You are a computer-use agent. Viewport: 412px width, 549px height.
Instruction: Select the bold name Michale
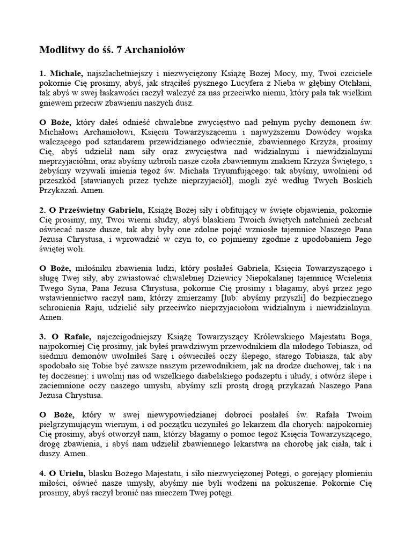(x=66, y=73)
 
